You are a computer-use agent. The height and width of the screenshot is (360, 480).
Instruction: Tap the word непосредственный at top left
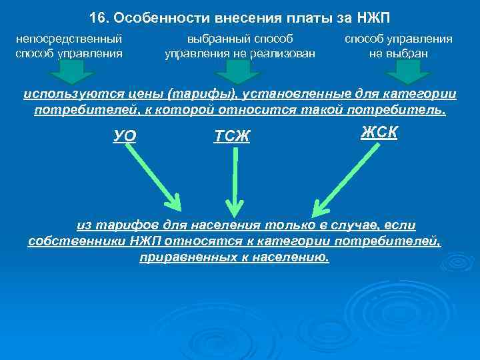69,39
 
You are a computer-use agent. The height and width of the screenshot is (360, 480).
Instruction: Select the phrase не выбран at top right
398,53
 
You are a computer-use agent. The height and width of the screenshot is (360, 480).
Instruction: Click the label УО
125,136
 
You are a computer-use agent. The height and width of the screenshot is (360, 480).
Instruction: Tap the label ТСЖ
231,137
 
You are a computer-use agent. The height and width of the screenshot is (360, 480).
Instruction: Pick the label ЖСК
379,132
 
